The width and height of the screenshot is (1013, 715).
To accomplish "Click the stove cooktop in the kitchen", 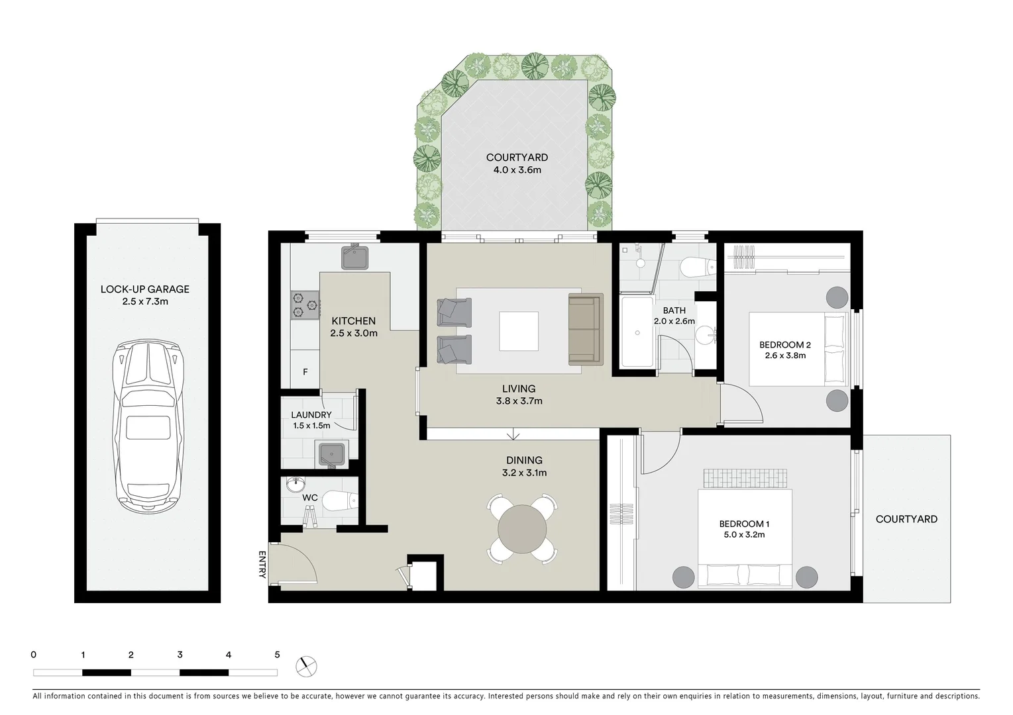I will click(305, 305).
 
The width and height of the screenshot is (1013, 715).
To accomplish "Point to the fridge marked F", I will click(305, 372).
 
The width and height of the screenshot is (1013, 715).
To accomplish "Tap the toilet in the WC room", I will click(339, 502).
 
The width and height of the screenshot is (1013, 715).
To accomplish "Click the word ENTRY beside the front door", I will click(262, 565).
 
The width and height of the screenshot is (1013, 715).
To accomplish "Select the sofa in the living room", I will click(586, 329).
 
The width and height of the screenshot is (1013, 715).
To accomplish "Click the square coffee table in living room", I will click(519, 331).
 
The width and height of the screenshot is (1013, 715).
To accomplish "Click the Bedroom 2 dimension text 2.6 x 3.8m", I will click(785, 356).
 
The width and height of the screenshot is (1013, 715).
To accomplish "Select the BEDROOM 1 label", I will click(744, 524).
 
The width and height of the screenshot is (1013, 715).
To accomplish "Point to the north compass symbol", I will click(307, 666).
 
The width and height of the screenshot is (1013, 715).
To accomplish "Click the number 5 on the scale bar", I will click(277, 655).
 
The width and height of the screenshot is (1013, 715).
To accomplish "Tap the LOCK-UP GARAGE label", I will click(144, 289).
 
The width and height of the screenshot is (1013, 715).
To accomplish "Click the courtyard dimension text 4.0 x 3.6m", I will click(517, 170).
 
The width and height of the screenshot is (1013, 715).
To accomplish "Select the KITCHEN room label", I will click(354, 321).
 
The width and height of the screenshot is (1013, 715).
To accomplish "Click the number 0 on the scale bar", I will click(34, 655).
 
